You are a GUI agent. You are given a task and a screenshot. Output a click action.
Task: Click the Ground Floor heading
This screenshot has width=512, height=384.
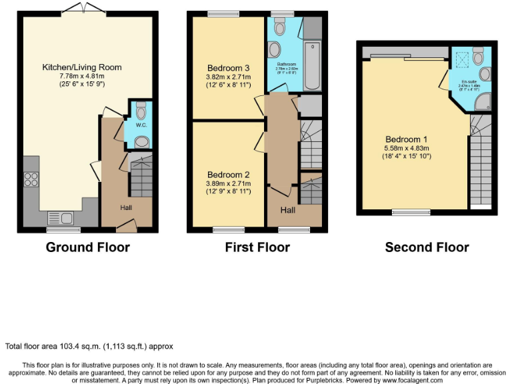coord(87,247)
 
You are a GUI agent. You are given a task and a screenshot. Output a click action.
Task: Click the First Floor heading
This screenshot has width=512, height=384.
coord(257,247)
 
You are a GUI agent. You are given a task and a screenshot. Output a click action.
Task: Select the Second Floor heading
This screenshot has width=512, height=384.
coord(427,247)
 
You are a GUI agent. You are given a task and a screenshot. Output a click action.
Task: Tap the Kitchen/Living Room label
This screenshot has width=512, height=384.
coord(82,67)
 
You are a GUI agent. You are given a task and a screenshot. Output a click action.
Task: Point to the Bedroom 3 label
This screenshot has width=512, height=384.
coord(228,68)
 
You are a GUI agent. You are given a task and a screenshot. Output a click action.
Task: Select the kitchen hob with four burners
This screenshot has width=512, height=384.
coord(31,179)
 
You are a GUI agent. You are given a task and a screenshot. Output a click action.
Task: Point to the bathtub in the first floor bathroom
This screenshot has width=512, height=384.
coord(313,67)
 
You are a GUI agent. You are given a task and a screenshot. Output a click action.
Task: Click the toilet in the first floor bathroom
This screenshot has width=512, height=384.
coord(279,27)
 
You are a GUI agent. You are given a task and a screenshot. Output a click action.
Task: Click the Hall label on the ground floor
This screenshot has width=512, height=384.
coord(126,208)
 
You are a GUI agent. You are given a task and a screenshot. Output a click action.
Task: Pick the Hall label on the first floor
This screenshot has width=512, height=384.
coord(288,210)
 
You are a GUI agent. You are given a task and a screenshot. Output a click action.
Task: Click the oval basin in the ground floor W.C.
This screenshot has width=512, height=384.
coord(141,141)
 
